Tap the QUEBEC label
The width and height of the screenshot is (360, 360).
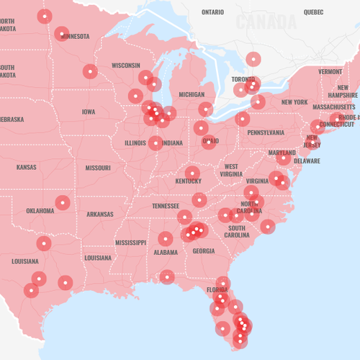(313, 12)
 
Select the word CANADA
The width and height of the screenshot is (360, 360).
(266, 22)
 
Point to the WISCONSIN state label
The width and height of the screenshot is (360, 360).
(126, 66)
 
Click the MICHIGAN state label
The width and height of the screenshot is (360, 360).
(192, 94)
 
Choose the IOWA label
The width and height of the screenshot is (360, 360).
(89, 112)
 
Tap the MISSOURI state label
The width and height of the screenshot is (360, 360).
(98, 168)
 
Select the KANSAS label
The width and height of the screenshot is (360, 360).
(27, 167)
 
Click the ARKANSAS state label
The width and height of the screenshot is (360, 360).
(100, 214)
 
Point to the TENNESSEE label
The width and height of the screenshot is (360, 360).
(166, 206)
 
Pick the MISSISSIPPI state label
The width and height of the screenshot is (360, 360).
(130, 243)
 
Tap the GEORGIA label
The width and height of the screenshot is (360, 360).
(204, 251)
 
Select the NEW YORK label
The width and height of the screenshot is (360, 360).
(294, 102)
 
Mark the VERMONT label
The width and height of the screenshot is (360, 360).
(330, 72)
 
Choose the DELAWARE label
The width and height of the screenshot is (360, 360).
(307, 161)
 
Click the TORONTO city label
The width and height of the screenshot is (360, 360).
(243, 79)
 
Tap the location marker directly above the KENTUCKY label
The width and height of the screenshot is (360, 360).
(192, 173)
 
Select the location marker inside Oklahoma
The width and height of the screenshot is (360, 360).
(63, 202)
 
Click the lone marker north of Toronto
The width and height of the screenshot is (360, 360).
(253, 59)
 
